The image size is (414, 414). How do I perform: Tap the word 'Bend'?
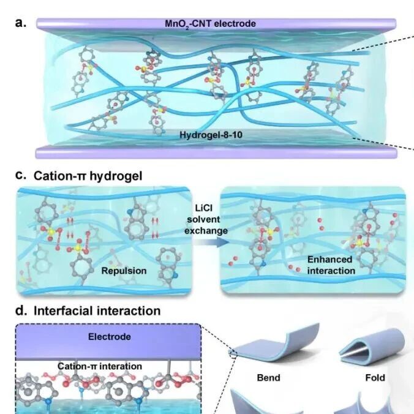click(x=271, y=377)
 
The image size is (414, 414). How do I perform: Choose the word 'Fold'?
click(x=375, y=377)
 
